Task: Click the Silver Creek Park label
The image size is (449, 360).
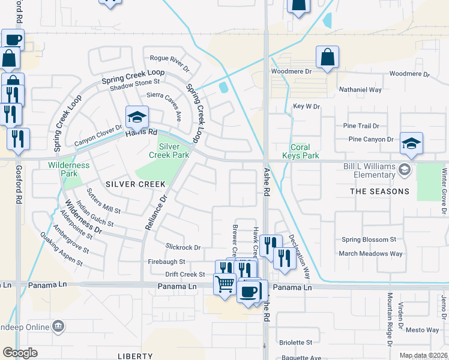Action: click(173, 150)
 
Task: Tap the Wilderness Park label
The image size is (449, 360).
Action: click(69, 169)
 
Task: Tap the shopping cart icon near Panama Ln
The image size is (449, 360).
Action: click(224, 283)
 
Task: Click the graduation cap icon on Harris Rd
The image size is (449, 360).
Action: click(137, 116)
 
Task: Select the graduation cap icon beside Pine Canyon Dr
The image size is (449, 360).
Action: click(412, 143)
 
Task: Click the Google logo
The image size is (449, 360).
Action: click(20, 352)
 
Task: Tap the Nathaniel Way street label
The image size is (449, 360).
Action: click(360, 89)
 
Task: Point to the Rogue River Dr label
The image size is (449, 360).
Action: click(169, 59)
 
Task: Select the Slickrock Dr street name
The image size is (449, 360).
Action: click(183, 247)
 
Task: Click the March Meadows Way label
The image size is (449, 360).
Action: click(370, 254)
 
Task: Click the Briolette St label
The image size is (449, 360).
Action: click(296, 343)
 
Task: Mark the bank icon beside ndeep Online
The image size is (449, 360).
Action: click(58, 326)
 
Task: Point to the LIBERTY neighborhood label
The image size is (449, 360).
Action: click(136, 356)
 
